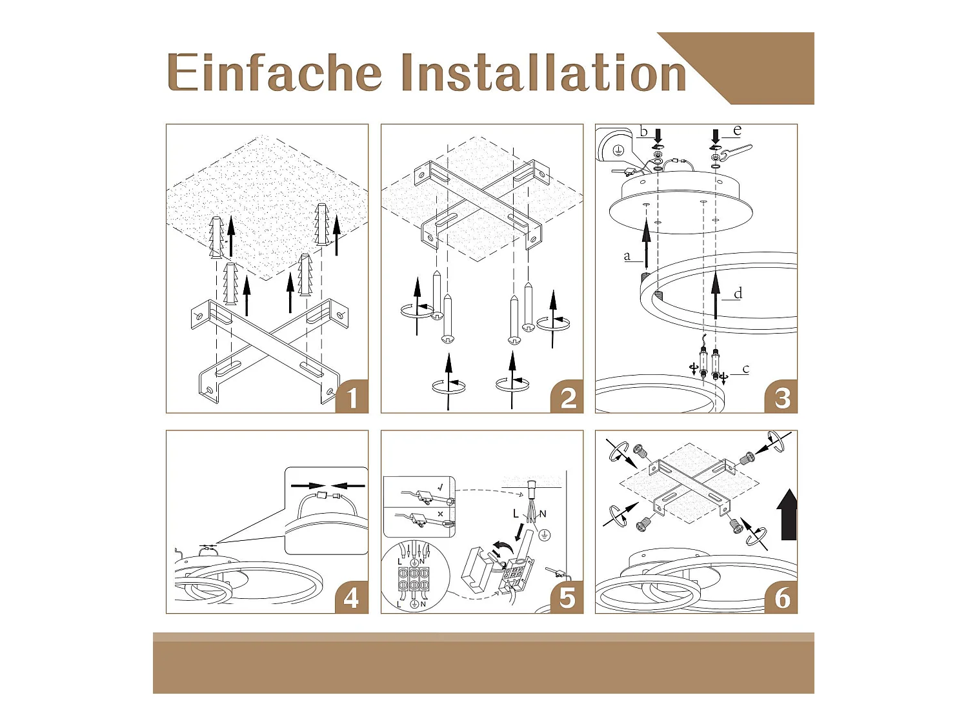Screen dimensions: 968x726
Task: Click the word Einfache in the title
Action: (x=274, y=72)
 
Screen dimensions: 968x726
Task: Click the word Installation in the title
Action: (x=544, y=72)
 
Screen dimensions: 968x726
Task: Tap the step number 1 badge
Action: (x=352, y=397)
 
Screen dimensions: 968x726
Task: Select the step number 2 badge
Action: (x=567, y=397)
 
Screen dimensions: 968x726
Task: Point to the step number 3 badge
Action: (x=781, y=397)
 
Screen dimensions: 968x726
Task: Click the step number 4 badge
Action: (x=352, y=598)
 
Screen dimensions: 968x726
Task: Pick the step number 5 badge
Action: (x=567, y=598)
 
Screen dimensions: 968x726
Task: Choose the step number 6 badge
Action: (x=781, y=598)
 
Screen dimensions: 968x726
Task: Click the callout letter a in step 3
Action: (x=627, y=256)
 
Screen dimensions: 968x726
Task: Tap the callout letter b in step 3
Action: (x=644, y=131)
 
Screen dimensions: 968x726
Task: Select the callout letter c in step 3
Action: (x=746, y=368)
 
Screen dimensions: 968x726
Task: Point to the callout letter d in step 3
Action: (x=738, y=293)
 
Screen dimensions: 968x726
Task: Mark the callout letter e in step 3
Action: (x=737, y=130)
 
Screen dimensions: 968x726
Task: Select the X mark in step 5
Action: (x=440, y=514)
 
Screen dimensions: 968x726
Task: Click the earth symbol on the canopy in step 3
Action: (x=619, y=150)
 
